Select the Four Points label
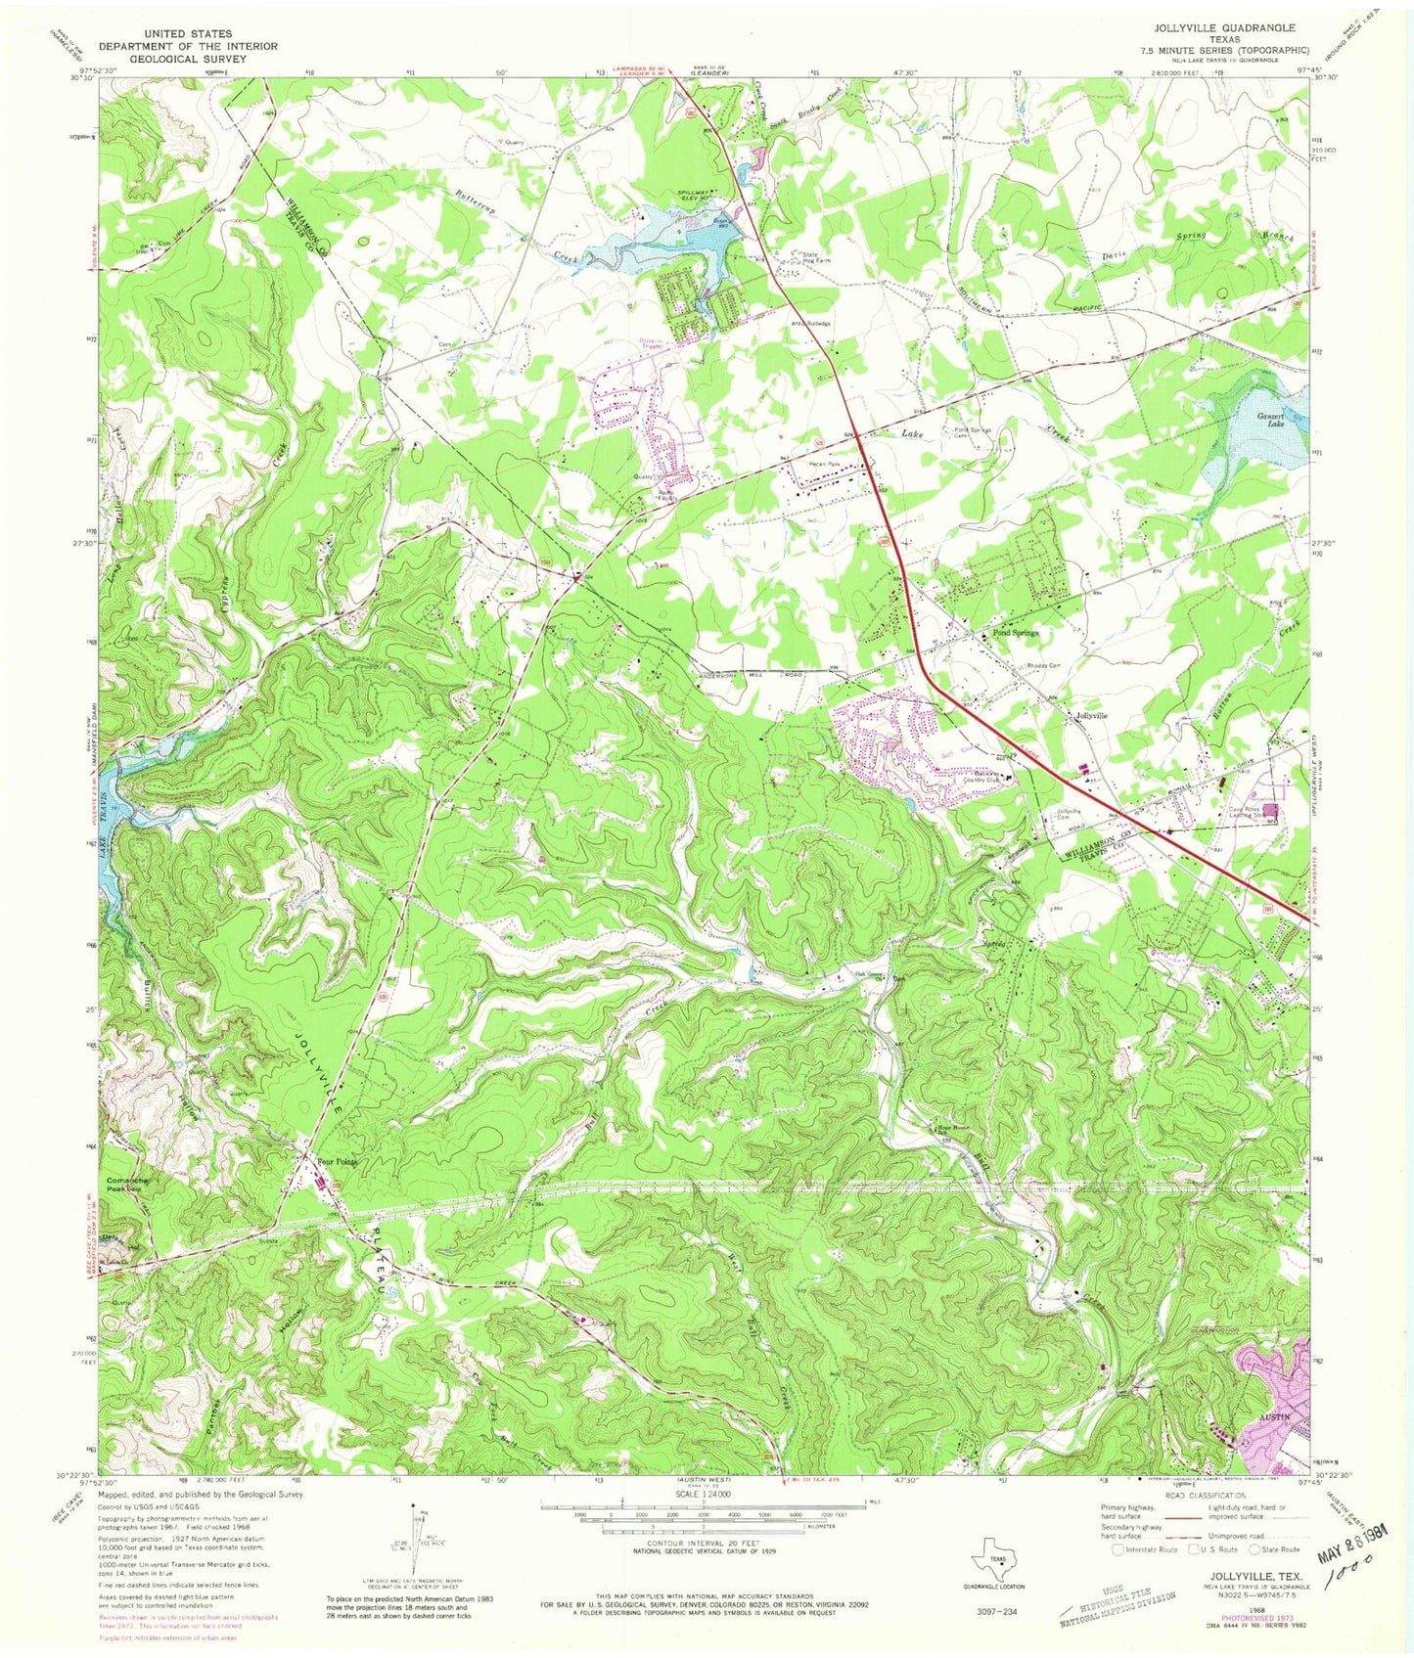[x=337, y=1161]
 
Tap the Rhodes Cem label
[x=1046, y=665]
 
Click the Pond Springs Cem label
[x=966, y=433]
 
